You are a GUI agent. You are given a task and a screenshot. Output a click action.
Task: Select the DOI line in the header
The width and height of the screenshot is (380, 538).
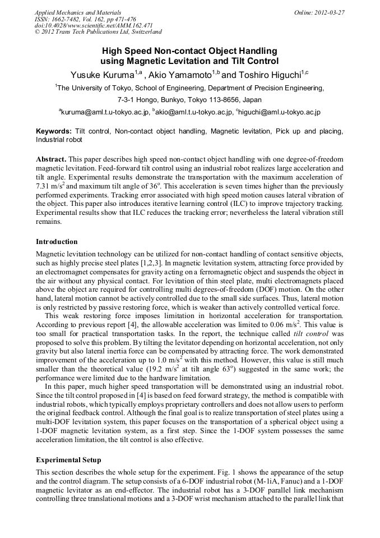tap(94, 25)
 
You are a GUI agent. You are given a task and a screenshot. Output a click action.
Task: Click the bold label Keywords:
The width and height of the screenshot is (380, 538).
tap(54, 131)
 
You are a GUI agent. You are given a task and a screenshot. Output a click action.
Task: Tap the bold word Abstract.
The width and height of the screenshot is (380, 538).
tap(52, 159)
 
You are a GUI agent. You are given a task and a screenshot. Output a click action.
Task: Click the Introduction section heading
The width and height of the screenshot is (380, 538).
tap(57, 242)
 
